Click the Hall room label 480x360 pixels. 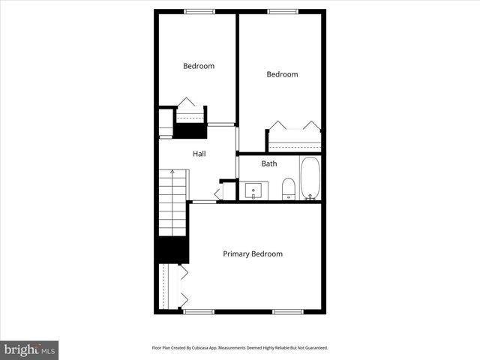point(199,154)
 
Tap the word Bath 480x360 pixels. point(268,163)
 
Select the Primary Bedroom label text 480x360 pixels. point(253,254)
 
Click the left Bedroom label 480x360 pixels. point(199,66)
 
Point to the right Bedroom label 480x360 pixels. point(282,74)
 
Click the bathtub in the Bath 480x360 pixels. point(310,178)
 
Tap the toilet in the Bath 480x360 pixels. point(289,189)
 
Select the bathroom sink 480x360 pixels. point(254,190)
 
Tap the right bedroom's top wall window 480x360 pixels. point(280,10)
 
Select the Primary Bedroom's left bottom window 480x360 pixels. point(199,311)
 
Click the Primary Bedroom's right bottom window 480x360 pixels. point(287,311)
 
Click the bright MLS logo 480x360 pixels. point(29,349)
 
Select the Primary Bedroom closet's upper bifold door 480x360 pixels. point(183,272)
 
